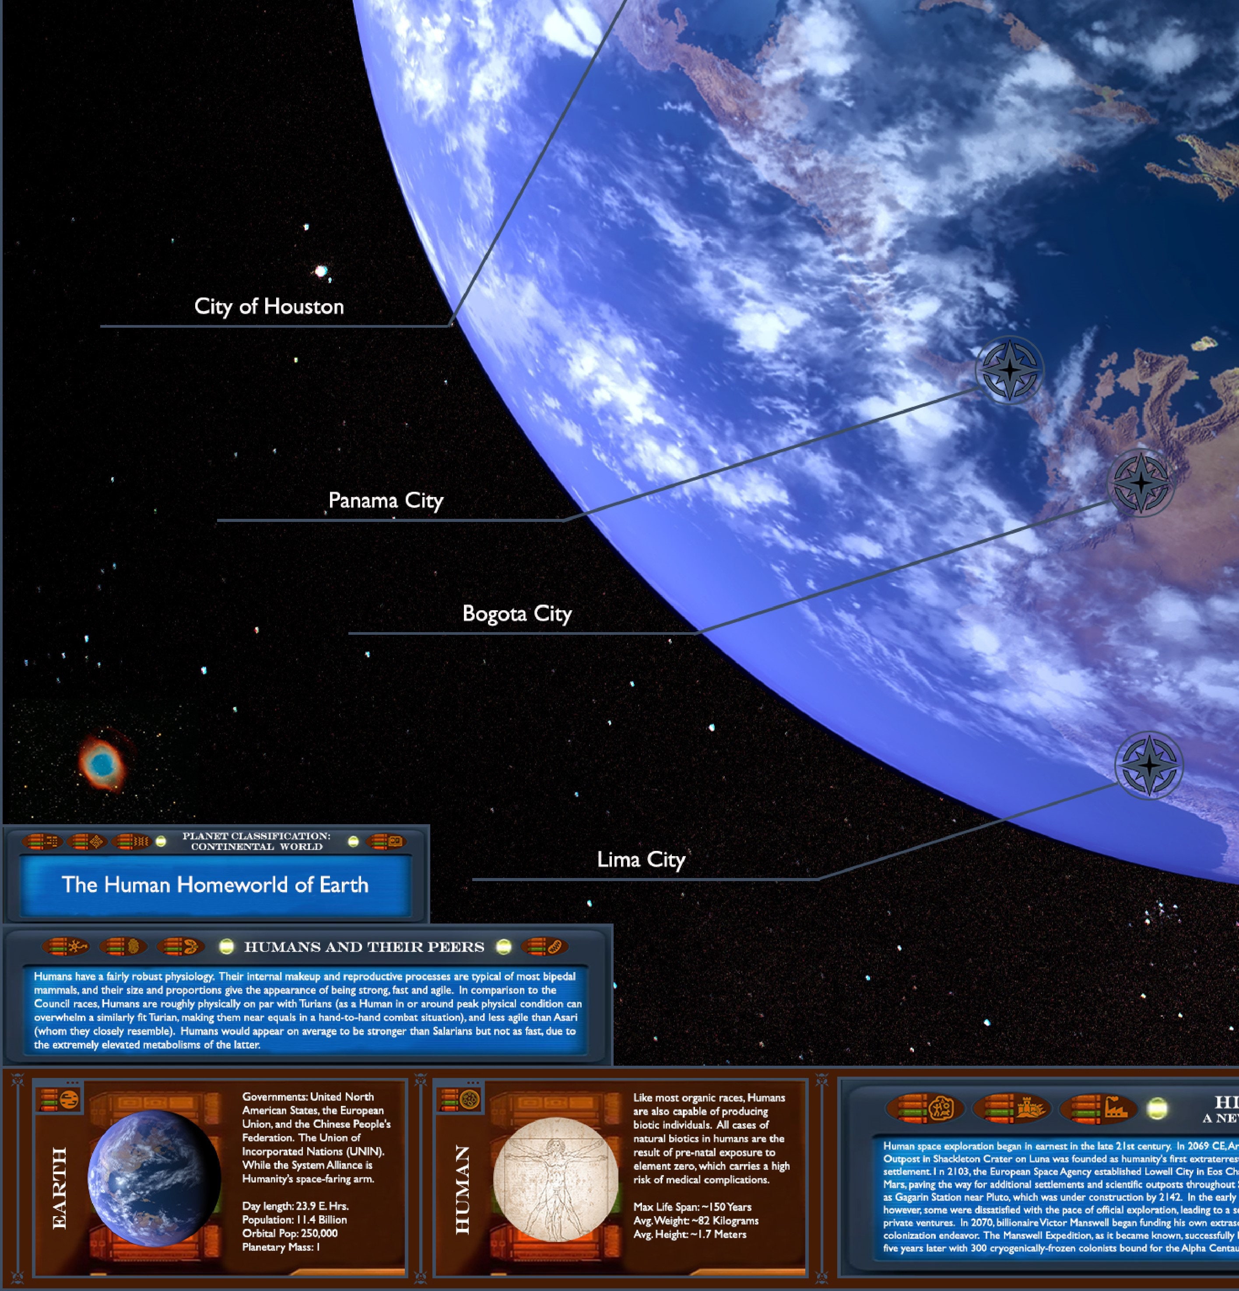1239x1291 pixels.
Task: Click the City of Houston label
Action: tap(269, 306)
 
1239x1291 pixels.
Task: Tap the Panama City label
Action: tap(386, 500)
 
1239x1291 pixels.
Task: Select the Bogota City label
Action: tap(517, 614)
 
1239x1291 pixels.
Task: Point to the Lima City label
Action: tap(641, 860)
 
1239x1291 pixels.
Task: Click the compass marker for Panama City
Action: tap(1009, 370)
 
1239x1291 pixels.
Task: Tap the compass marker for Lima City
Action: tap(1149, 766)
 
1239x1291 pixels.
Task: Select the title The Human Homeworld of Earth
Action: tap(215, 885)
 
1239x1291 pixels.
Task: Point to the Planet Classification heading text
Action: tap(256, 841)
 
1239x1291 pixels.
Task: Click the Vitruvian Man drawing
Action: tap(555, 1179)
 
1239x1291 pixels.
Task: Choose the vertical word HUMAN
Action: tap(463, 1189)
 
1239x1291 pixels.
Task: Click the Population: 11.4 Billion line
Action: tap(294, 1220)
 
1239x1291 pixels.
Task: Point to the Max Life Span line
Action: tap(692, 1207)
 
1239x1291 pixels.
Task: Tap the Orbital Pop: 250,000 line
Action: tap(289, 1234)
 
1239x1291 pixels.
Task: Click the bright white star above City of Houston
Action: tap(321, 271)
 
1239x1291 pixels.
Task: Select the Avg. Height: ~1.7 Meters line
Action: tap(689, 1235)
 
